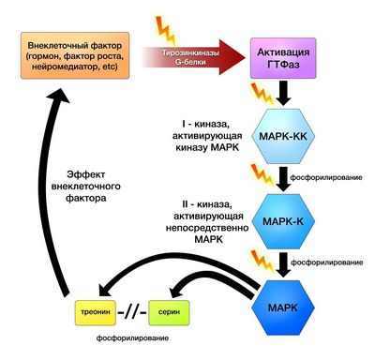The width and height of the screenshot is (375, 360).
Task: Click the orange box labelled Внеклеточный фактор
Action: point(78,56)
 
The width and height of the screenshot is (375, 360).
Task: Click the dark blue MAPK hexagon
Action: point(289,307)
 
